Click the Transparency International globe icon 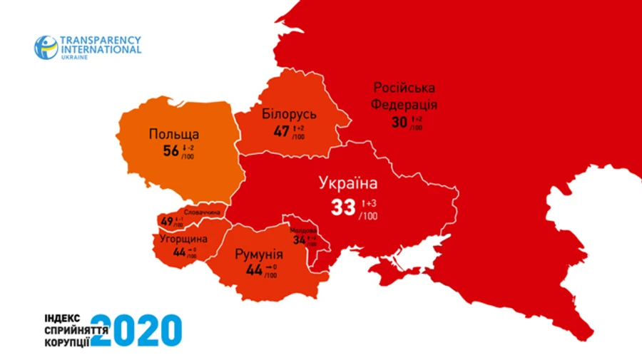click(x=46, y=47)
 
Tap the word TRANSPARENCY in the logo click(x=101, y=41)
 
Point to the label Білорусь click(x=289, y=114)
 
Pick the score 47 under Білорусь click(x=282, y=131)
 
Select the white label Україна click(x=347, y=184)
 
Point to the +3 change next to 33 click(x=371, y=202)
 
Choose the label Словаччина click(x=202, y=212)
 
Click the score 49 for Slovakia click(x=167, y=221)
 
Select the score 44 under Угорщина click(x=179, y=252)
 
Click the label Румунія click(x=259, y=255)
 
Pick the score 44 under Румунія click(x=254, y=271)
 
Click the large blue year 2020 click(x=136, y=330)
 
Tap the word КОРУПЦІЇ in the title click(x=65, y=341)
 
